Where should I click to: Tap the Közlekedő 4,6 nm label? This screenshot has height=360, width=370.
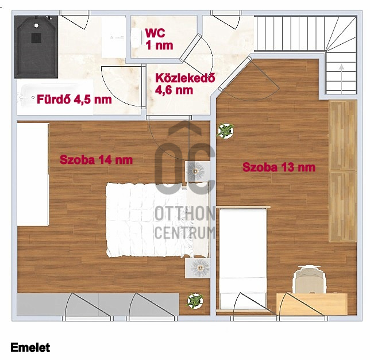coord(185,84)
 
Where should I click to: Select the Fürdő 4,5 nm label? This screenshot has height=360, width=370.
coord(74,99)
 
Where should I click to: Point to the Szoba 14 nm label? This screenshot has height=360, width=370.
coord(96,160)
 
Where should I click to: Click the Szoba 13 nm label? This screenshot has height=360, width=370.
coord(279,167)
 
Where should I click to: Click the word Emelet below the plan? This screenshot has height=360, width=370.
coord(30,347)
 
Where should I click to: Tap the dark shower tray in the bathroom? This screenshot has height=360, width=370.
coord(36,47)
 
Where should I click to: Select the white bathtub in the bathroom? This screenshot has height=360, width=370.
coord(55,97)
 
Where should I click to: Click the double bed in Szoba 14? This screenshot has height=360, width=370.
coord(157,220)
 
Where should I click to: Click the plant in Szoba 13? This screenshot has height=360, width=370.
coord(225,131)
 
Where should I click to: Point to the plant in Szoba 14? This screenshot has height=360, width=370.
coord(195,301)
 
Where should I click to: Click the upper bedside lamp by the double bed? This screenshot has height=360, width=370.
coord(195,171)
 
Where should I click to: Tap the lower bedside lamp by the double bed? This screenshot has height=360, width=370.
coord(200,267)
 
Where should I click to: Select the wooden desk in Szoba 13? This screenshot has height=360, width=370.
coord(312,304)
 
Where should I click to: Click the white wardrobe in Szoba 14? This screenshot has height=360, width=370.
coord(33,175)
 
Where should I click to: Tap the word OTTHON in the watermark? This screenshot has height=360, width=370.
coord(185,213)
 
